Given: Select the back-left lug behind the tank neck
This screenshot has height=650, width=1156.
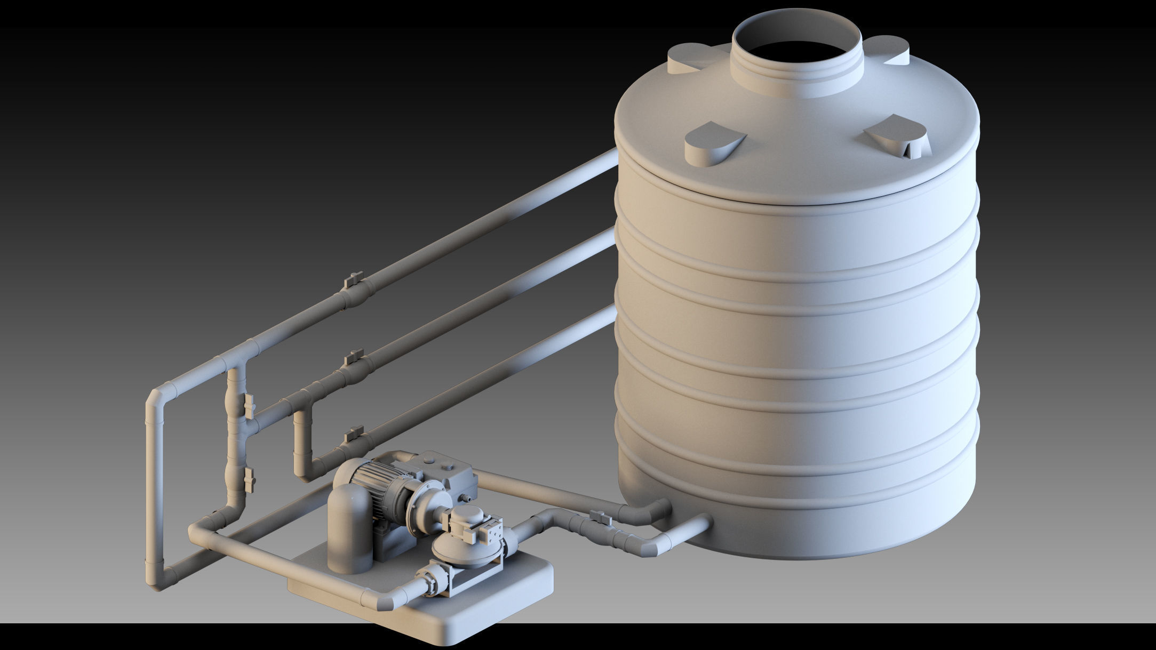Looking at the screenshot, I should [691, 59].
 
